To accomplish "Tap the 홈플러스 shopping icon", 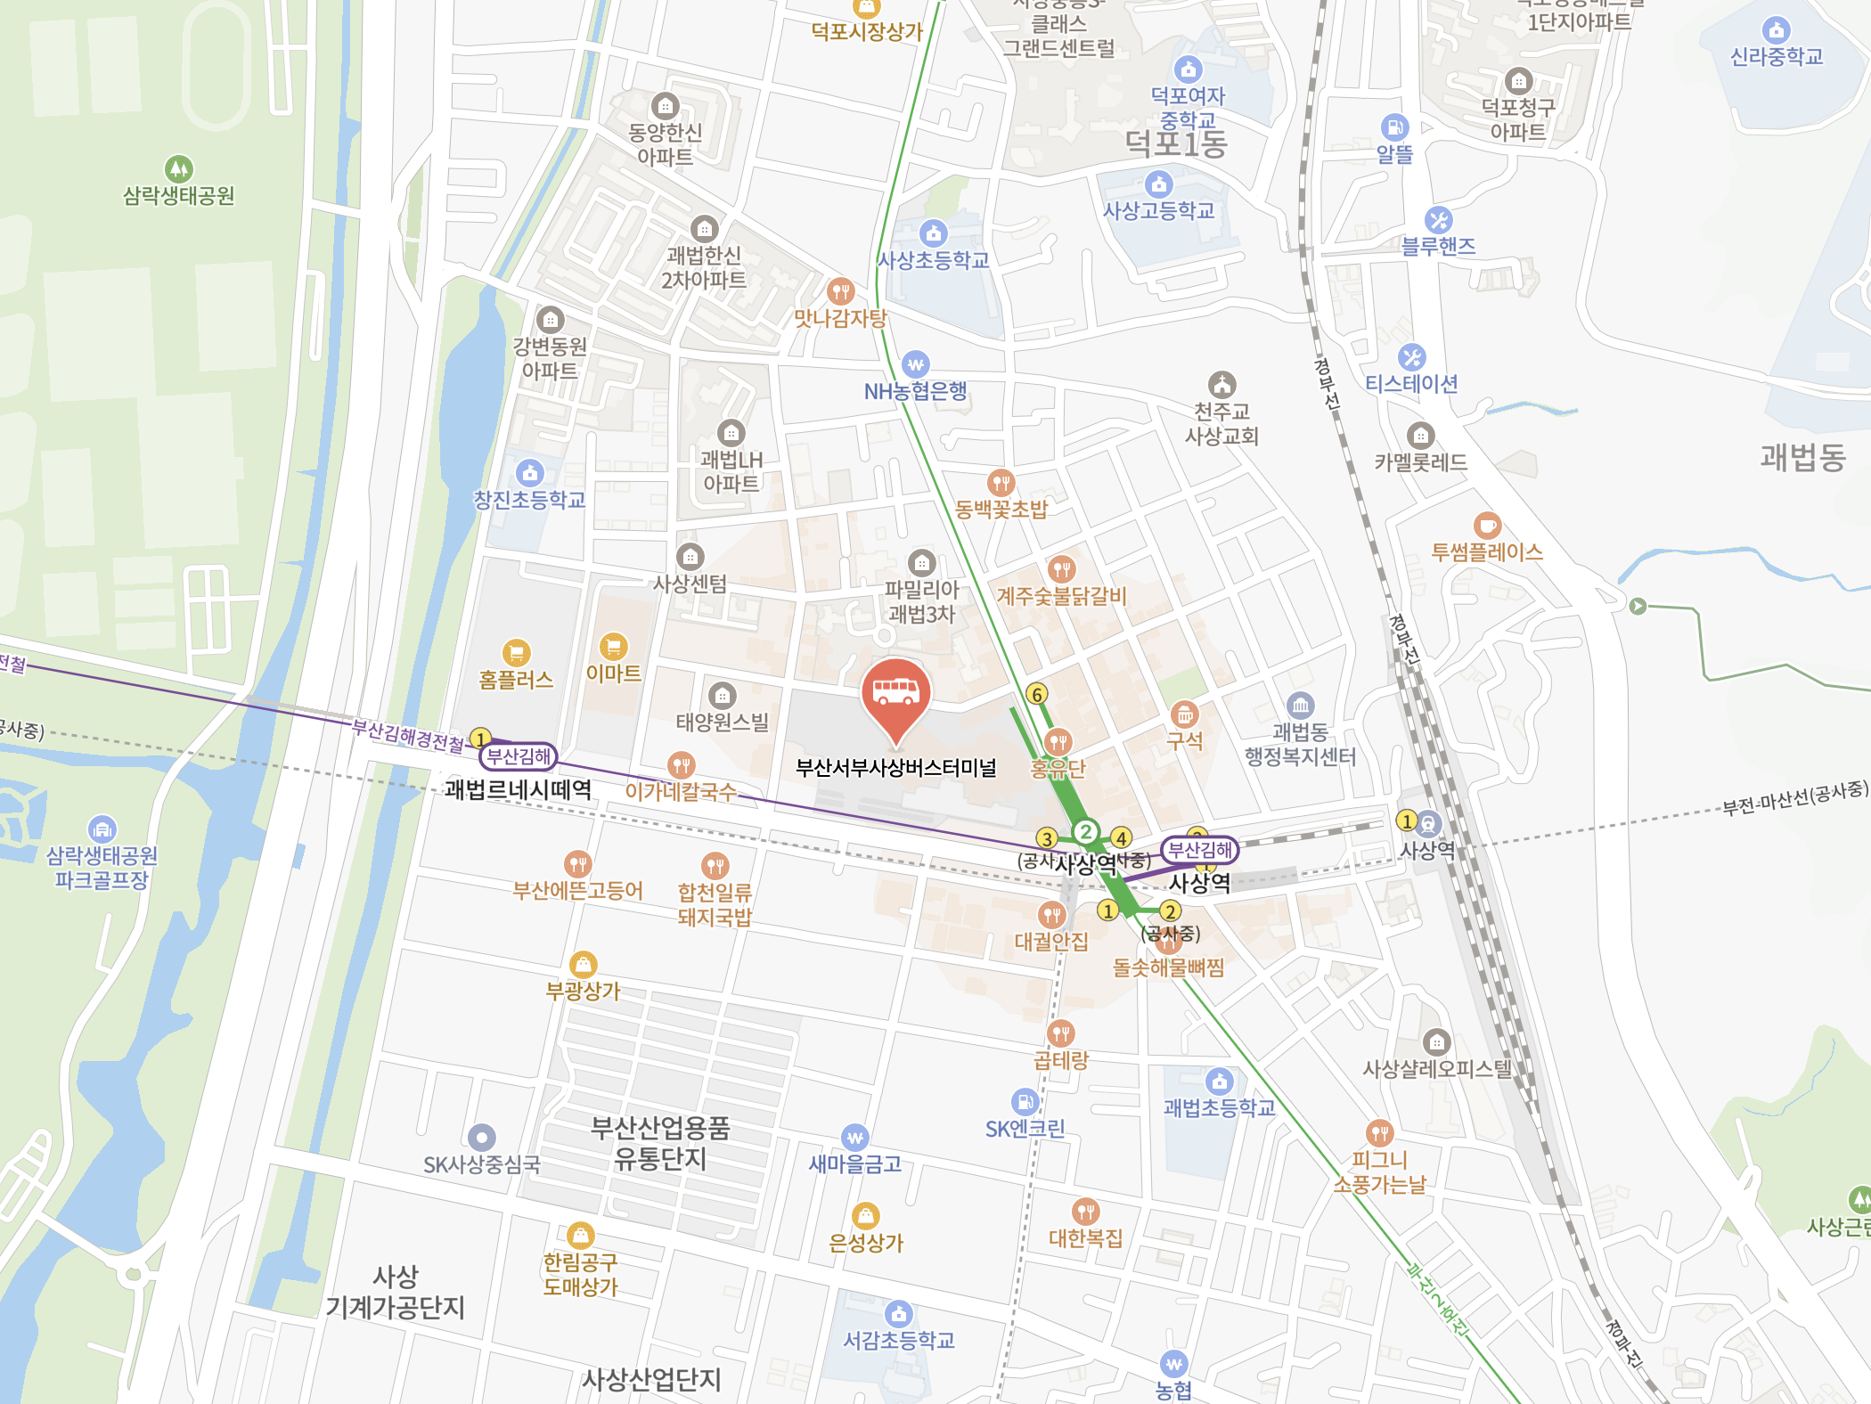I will (516, 653).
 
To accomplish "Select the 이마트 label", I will (613, 673).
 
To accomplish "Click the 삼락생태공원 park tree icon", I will (179, 168).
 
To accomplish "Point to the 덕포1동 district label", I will (1175, 143).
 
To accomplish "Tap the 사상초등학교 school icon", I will (933, 233).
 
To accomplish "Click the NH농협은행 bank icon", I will (915, 364).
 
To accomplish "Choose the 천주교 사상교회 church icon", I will (1221, 385).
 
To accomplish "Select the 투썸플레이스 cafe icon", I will (1486, 526).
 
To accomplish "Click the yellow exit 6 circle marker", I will (1036, 694).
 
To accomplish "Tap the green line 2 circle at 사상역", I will (1085, 832).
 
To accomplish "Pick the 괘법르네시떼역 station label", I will (518, 789).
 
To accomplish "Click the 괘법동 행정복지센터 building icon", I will (1300, 706).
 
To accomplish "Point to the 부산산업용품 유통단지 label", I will (660, 1143).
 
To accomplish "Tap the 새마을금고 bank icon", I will (854, 1138).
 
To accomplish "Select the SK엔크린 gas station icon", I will (1025, 1102).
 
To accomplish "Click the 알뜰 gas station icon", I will (1393, 127).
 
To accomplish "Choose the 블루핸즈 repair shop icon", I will (1438, 219).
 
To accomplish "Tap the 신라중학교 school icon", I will (1776, 30).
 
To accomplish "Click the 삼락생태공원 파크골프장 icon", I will (102, 829).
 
